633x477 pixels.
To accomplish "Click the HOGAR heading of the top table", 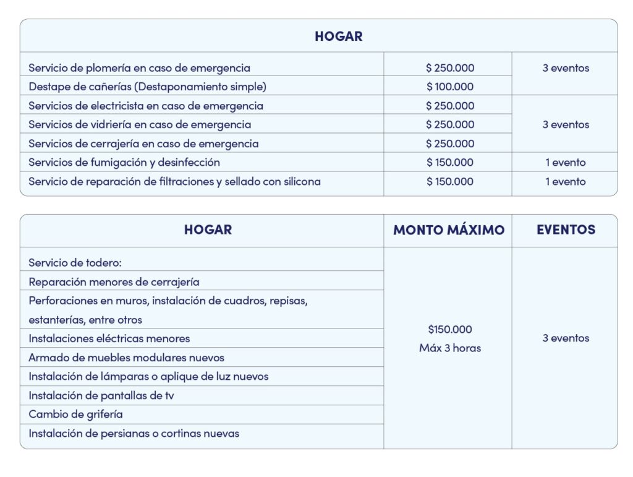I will point(338,37).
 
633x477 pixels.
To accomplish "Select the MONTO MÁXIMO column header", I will point(449,230).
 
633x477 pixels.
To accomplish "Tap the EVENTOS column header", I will point(566,230).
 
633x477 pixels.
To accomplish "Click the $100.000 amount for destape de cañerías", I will point(450,87).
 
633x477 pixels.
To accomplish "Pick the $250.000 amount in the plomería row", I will point(450,68).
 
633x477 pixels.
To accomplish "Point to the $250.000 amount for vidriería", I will point(450,124).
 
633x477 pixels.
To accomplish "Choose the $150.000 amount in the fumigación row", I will point(450,163).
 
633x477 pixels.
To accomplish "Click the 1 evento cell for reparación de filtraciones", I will point(566,182).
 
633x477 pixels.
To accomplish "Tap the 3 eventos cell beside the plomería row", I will point(566,68).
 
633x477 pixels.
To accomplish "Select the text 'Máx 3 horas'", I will point(450,348).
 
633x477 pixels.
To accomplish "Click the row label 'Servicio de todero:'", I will point(75,263).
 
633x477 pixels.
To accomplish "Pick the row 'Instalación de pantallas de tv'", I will point(101,395).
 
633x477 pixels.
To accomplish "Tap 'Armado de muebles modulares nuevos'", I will point(126,358).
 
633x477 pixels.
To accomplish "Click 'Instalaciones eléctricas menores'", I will point(109,338).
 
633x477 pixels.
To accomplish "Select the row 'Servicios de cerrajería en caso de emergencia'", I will point(143,144).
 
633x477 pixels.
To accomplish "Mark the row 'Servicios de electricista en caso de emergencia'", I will point(146,106).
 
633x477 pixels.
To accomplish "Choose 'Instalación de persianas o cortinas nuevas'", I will point(134,434).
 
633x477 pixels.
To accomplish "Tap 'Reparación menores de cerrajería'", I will point(114,282).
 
